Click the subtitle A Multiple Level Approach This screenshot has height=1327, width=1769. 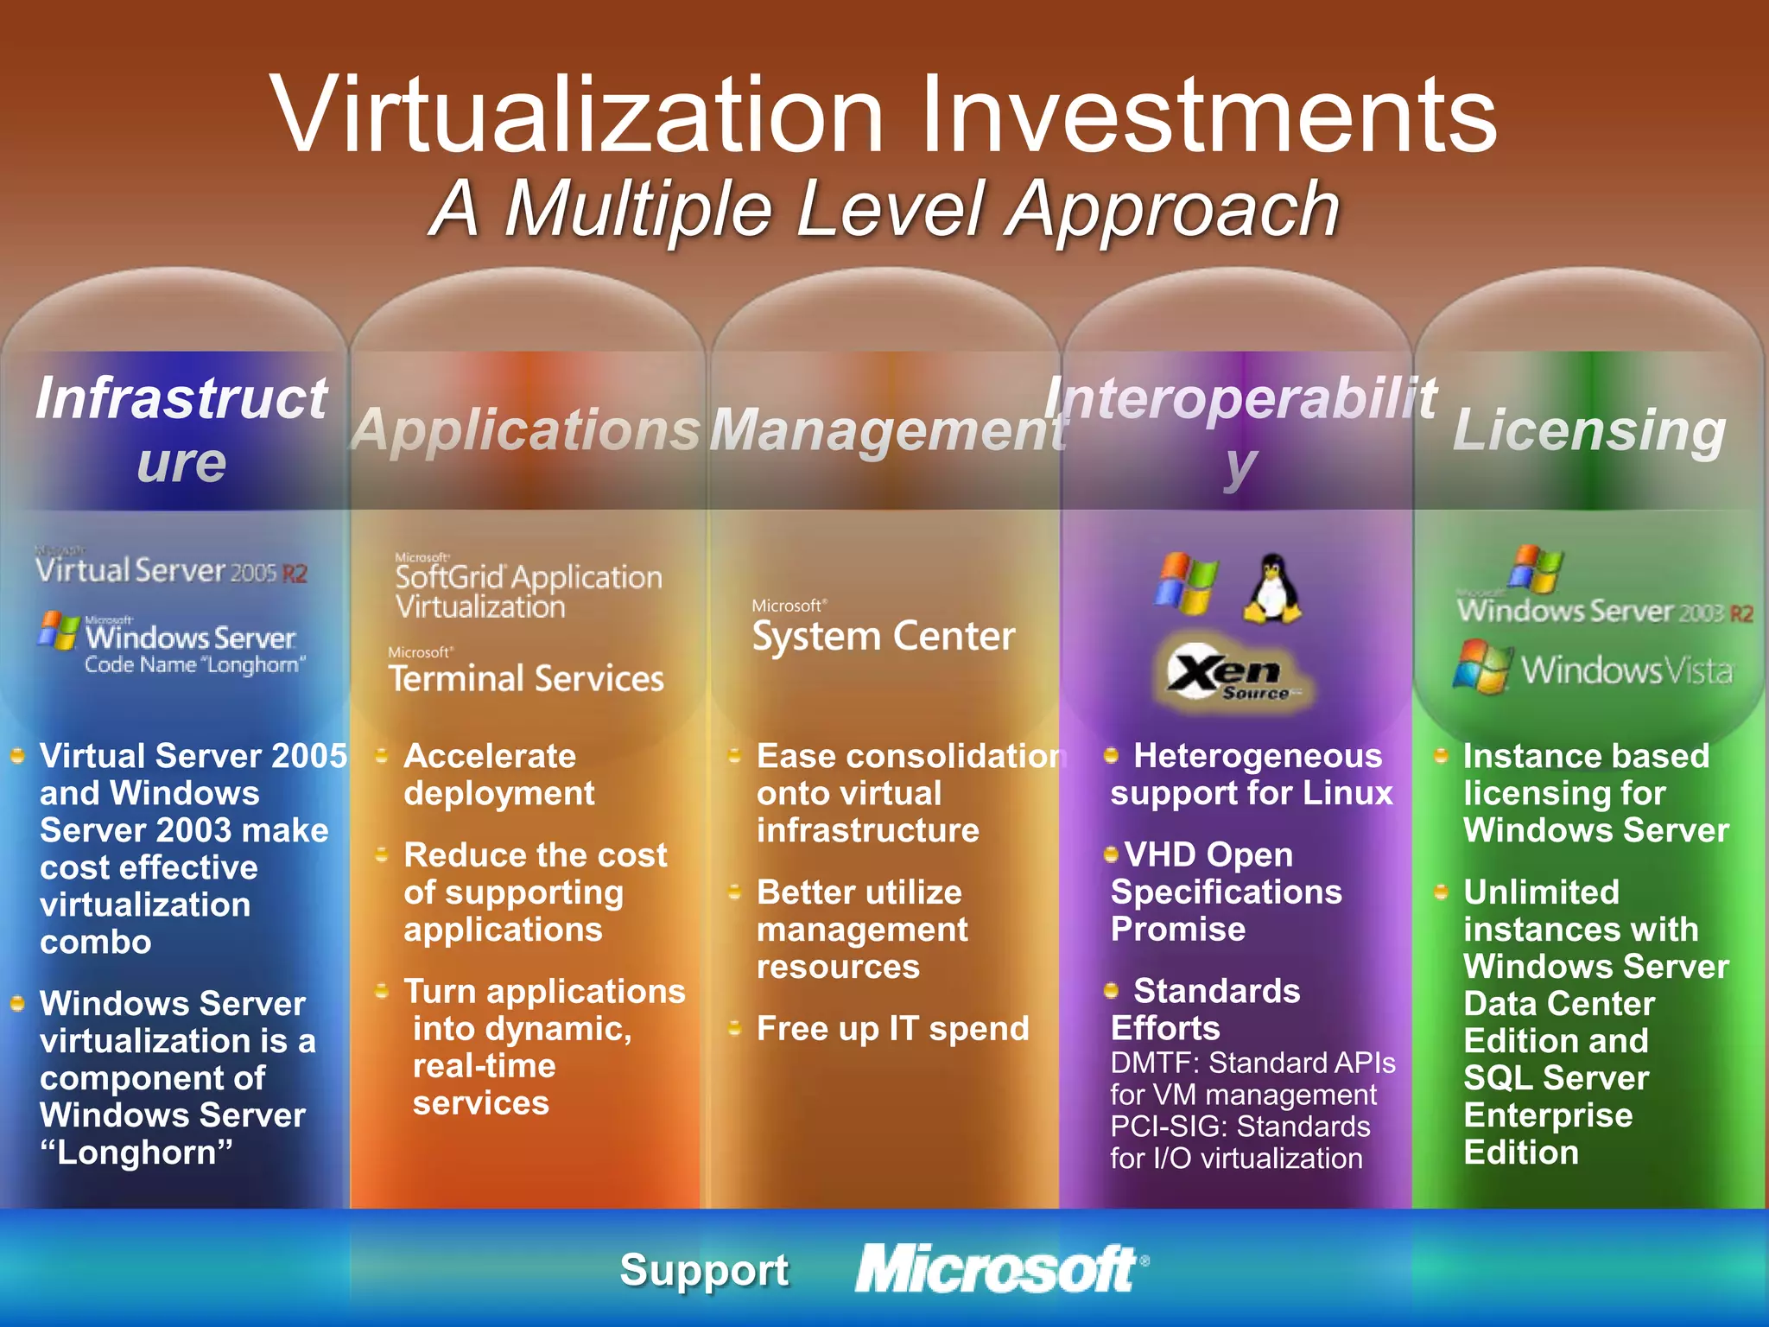884,209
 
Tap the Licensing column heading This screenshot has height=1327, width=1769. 1589,430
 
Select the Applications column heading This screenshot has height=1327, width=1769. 526,430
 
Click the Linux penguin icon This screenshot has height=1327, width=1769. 1271,589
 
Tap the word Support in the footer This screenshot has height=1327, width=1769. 704,1270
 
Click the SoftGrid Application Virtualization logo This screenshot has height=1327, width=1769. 528,587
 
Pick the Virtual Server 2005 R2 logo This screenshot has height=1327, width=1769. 171,570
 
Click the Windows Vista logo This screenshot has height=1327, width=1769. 1594,669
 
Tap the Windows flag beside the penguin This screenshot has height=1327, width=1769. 1187,584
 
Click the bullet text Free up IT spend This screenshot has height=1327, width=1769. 892,1029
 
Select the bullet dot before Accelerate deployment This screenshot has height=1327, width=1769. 381,757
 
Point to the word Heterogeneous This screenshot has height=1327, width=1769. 1257,756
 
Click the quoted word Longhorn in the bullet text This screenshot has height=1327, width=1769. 136,1152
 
